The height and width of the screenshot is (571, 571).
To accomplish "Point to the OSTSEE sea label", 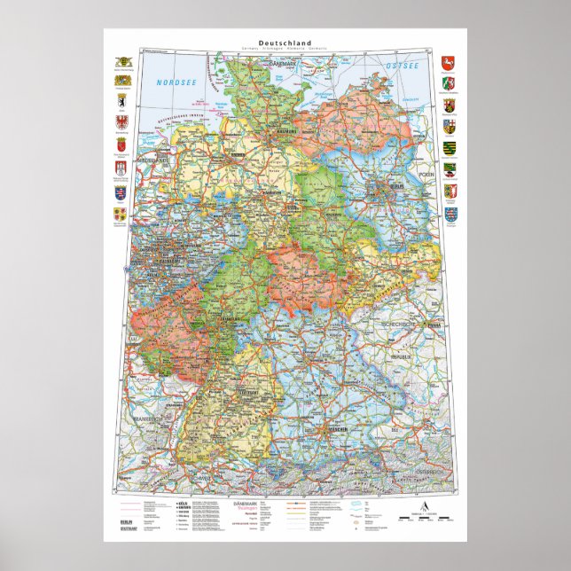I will pyautogui.click(x=402, y=67).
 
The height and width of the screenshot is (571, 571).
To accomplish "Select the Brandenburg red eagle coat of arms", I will pyautogui.click(x=121, y=122).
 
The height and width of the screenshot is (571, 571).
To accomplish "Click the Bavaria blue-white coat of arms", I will pyautogui.click(x=121, y=81).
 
